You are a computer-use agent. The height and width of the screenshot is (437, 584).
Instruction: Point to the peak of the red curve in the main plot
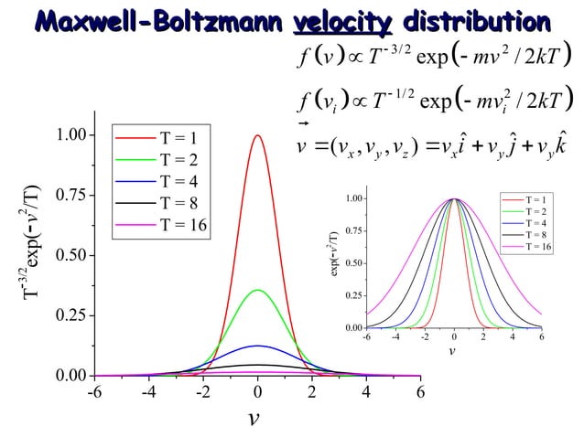258,136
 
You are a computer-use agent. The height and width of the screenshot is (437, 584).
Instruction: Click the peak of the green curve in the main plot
258,291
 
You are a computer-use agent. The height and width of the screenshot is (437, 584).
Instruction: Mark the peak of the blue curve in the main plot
258,346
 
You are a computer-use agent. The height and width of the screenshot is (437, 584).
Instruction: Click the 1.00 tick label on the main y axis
71,135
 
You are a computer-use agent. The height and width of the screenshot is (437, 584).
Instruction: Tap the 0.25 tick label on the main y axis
71,315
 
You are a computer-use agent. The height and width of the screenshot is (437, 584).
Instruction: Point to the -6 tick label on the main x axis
93,393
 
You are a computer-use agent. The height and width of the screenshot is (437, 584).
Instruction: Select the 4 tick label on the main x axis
366,393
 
